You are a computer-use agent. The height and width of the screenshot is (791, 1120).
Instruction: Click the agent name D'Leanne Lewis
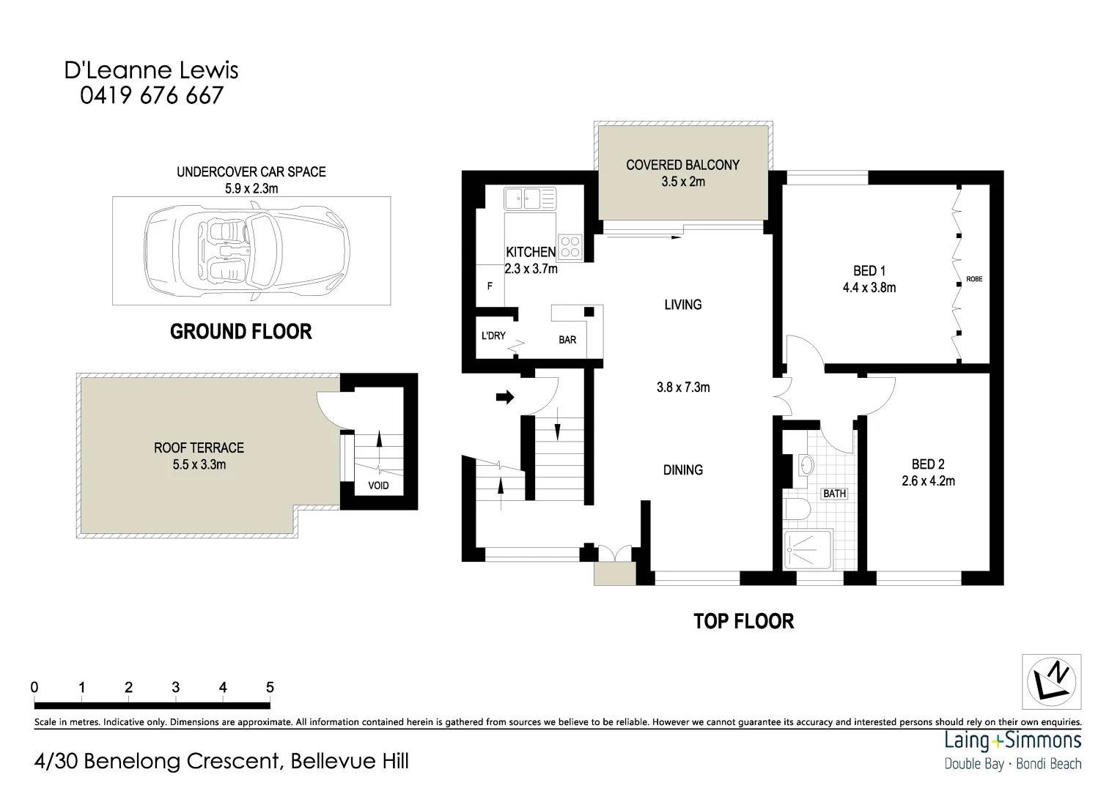click(152, 70)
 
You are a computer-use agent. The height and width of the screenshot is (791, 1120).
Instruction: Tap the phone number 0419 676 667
click(152, 95)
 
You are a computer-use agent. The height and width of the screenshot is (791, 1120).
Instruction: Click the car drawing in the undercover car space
click(248, 250)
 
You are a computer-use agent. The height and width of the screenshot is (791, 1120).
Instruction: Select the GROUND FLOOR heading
click(240, 332)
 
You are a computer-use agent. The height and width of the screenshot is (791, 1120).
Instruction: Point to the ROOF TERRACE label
click(199, 448)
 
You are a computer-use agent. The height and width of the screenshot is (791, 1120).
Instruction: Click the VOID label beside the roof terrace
click(378, 486)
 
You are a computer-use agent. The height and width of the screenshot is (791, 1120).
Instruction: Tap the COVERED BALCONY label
click(682, 165)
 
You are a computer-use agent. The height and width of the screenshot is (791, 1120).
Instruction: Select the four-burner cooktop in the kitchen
click(570, 246)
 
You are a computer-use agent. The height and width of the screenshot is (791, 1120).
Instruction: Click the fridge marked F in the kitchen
click(490, 286)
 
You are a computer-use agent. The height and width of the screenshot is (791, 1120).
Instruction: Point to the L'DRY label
click(493, 336)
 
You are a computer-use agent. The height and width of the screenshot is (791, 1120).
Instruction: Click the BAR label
click(567, 340)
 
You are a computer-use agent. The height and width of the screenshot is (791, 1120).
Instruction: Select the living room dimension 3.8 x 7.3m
click(683, 387)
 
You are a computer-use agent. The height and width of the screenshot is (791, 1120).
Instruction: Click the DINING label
click(683, 470)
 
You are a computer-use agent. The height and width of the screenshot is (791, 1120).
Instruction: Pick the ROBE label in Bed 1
click(974, 279)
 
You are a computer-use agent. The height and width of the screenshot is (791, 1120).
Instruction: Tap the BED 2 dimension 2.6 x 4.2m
click(928, 481)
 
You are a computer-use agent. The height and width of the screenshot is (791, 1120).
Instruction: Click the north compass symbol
click(1052, 680)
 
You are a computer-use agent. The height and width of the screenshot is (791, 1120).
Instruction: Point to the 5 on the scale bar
click(270, 687)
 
